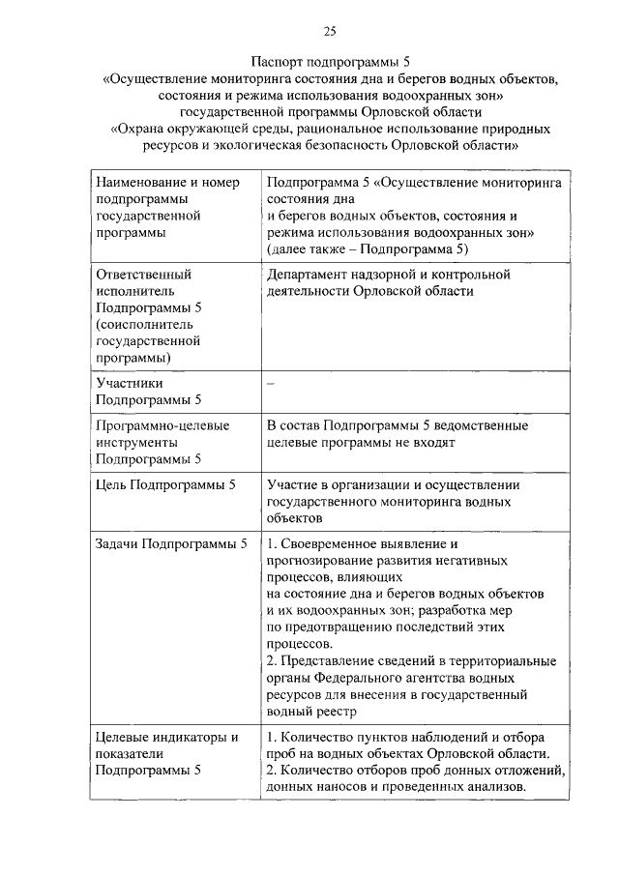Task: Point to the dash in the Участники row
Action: click(x=271, y=384)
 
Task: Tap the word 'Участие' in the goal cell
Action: click(x=293, y=484)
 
